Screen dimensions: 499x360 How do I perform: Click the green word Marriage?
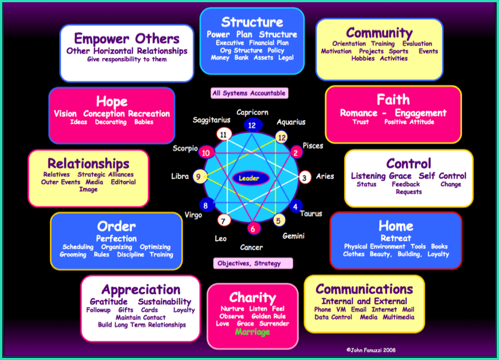point(252,332)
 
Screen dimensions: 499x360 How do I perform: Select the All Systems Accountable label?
point(249,93)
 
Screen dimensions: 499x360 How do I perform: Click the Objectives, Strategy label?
point(253,263)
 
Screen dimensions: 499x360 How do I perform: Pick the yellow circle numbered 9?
point(199,177)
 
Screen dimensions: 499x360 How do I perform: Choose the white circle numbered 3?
point(305,177)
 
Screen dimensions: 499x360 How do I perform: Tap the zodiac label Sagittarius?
point(211,120)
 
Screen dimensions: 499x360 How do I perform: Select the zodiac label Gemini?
point(294,236)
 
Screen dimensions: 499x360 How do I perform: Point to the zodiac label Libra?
point(180,176)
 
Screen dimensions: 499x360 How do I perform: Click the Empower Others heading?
point(127,39)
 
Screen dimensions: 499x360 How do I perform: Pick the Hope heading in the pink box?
point(112,102)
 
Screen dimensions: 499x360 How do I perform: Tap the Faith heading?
point(393,100)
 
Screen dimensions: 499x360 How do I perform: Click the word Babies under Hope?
point(144,122)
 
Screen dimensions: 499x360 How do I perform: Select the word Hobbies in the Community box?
point(363,58)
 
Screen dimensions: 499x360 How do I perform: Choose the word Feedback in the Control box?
point(406,184)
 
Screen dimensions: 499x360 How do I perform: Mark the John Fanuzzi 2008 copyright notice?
point(371,350)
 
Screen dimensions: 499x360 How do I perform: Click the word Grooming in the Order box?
point(73,255)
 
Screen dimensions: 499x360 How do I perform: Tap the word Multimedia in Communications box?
point(398,317)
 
